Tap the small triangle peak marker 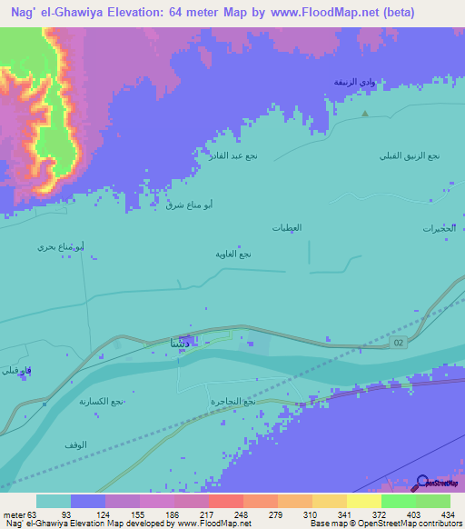(365, 114)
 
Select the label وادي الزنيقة (352, 83)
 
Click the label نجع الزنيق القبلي (410, 155)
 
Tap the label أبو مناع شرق (189, 205)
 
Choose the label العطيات (286, 226)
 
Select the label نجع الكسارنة (101, 401)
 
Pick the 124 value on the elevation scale (123, 514)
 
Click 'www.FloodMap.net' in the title (312, 13)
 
